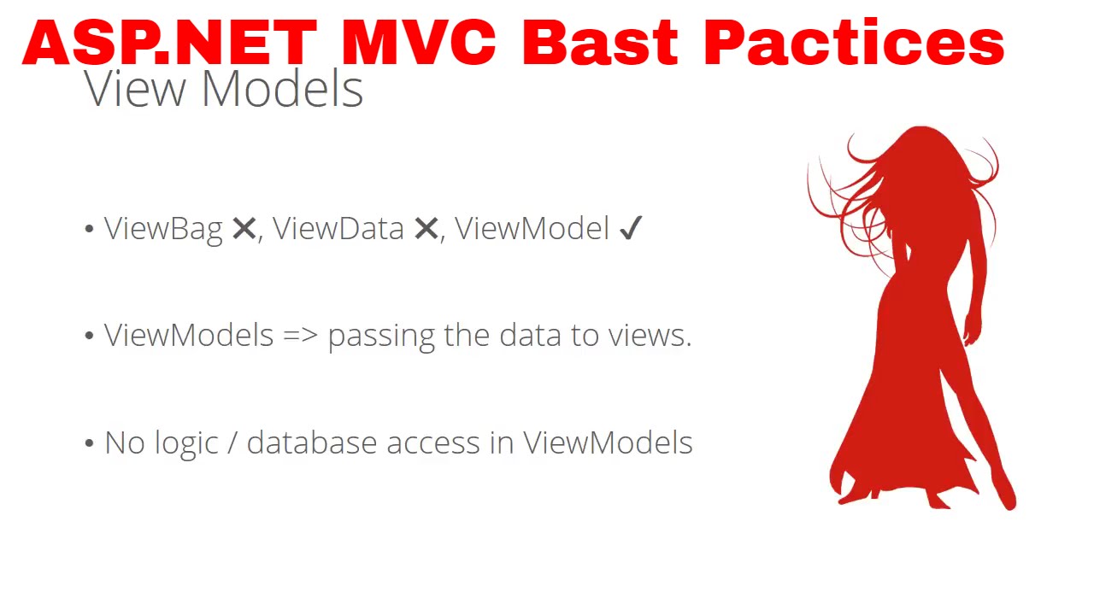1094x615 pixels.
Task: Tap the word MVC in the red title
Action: [x=418, y=43]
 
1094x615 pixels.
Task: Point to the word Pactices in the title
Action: [x=854, y=43]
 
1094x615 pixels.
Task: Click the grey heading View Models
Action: [x=224, y=88]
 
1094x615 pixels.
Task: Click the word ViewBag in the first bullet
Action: [x=162, y=229]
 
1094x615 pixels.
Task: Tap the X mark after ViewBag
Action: [x=244, y=229]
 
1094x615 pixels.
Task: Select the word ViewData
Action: [x=338, y=229]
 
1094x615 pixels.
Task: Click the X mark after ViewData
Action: [x=426, y=229]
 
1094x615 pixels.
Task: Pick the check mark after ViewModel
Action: [x=629, y=229]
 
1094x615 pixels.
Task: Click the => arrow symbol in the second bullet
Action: [x=300, y=336]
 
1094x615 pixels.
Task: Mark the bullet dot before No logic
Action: [x=89, y=443]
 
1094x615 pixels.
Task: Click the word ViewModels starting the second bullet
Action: [x=189, y=336]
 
